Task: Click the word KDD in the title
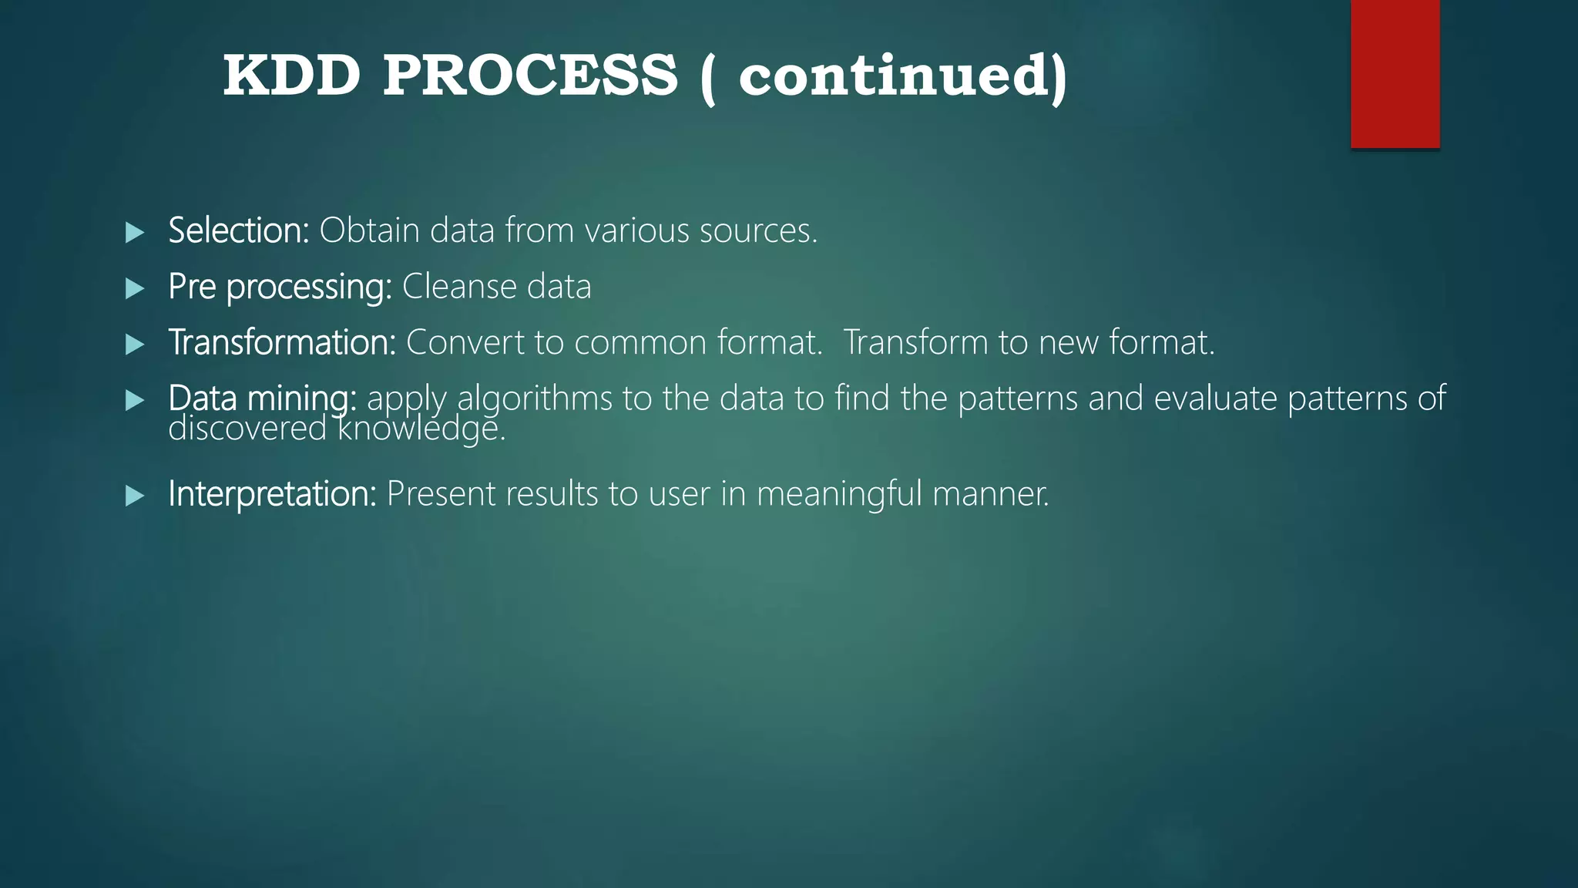point(291,76)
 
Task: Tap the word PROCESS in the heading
point(530,76)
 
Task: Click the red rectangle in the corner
point(1395,73)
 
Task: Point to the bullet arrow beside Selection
point(135,232)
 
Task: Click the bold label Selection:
point(238,230)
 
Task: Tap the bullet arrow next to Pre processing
point(135,288)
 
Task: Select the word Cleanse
point(458,287)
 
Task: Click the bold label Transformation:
point(281,342)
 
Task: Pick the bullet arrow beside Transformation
point(135,344)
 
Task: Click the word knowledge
point(421,429)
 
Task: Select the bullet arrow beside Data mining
point(135,399)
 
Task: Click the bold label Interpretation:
point(272,493)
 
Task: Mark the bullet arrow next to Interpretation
point(135,495)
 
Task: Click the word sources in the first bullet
point(757,230)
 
